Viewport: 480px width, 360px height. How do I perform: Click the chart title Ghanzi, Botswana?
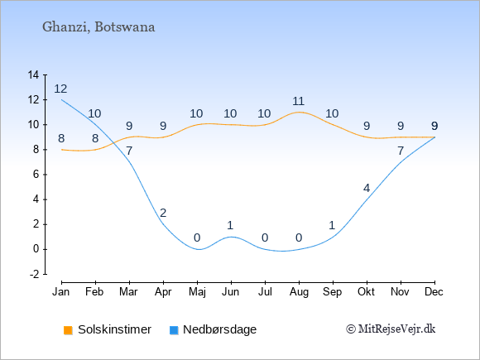pos(98,27)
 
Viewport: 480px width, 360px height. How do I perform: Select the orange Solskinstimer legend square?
pos(68,330)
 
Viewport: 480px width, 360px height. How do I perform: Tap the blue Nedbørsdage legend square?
pos(174,330)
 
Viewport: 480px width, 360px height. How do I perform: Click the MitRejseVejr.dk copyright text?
pos(391,329)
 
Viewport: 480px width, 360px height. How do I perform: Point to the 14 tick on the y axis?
pos(33,74)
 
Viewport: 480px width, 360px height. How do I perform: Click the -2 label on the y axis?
pos(34,274)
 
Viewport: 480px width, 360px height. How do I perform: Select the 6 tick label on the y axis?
pos(36,175)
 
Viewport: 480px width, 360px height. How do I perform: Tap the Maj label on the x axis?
pos(197,292)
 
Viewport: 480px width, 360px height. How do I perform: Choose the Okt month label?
pos(366,292)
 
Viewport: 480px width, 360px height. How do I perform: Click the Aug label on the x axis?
pos(299,292)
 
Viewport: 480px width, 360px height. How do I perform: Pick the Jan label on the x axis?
pos(61,292)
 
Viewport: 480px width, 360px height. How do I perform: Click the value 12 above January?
pos(60,89)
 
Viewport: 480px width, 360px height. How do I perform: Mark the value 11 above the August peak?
pos(298,101)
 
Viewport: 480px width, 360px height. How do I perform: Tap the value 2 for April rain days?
pos(163,213)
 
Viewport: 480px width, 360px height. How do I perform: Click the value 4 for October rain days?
pos(367,188)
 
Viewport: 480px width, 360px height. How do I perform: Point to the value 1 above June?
pos(231,225)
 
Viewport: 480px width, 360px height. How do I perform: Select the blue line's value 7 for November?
pos(401,151)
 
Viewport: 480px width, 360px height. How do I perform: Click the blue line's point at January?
pos(62,100)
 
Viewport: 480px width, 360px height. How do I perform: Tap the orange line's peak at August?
pos(299,112)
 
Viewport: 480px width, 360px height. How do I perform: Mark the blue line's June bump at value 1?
pos(231,237)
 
